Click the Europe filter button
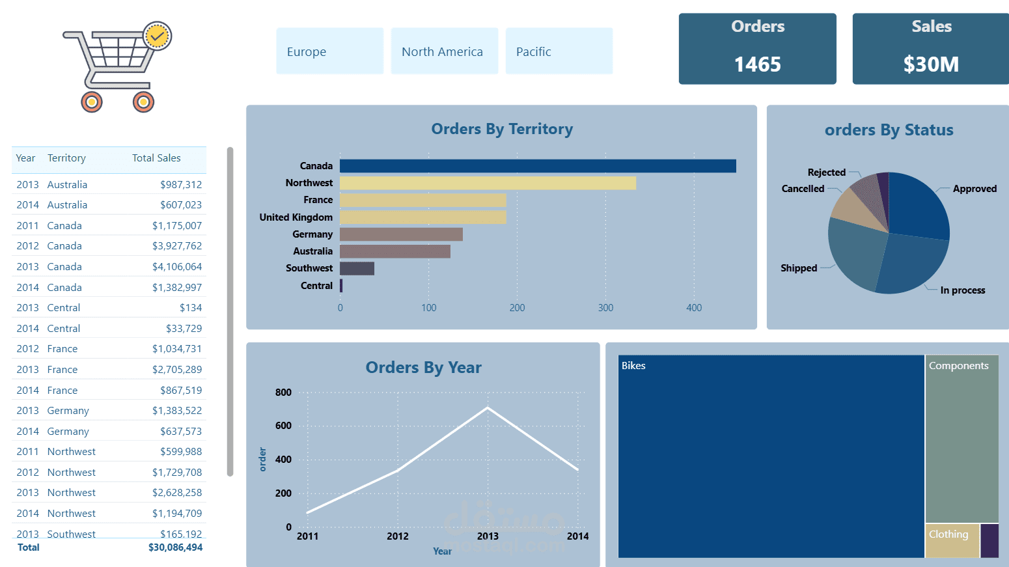[329, 51]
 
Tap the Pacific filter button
[559, 51]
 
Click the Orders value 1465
[757, 64]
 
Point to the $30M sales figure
[931, 64]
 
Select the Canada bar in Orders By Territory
[538, 166]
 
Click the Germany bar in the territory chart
[401, 234]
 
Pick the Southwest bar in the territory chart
[357, 268]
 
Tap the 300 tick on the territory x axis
[605, 308]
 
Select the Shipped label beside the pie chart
[799, 268]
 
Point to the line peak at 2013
[488, 408]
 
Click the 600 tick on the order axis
[283, 426]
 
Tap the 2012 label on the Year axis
[398, 536]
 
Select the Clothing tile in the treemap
[952, 540]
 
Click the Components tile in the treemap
[961, 443]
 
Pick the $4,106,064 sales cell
[177, 267]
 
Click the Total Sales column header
[156, 158]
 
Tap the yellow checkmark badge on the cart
[157, 36]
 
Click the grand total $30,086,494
[175, 547]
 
